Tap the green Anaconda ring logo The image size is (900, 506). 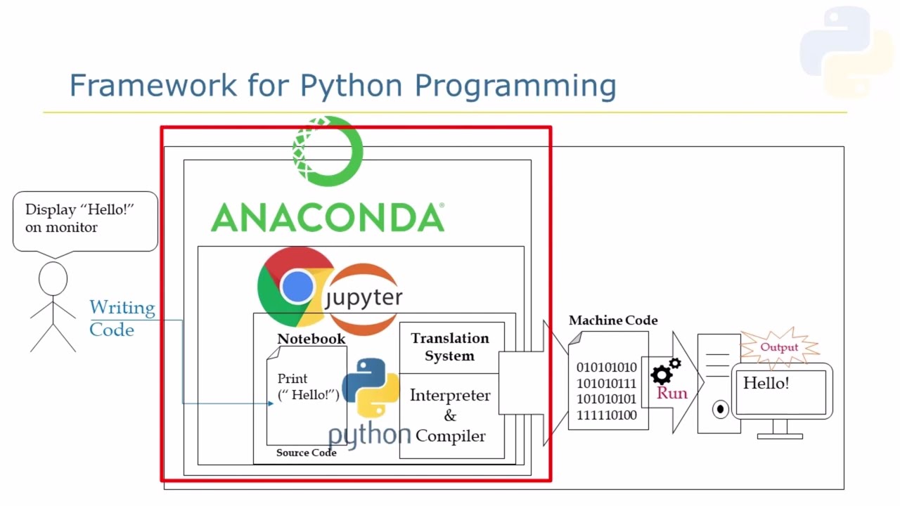point(328,150)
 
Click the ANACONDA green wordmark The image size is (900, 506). point(328,217)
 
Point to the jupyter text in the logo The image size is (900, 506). point(364,297)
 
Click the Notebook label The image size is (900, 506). point(311,339)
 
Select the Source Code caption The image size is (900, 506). point(306,453)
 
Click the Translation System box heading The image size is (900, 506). point(450,347)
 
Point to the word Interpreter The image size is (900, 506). point(450,395)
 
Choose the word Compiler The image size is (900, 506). point(450,436)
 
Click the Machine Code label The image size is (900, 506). point(613,320)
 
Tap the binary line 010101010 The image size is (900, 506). point(607,368)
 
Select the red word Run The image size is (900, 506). point(672,393)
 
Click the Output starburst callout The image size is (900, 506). point(779,347)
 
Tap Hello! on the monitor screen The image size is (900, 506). point(766,383)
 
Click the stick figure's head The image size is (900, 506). point(53,279)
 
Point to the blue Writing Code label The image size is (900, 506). point(122,318)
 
